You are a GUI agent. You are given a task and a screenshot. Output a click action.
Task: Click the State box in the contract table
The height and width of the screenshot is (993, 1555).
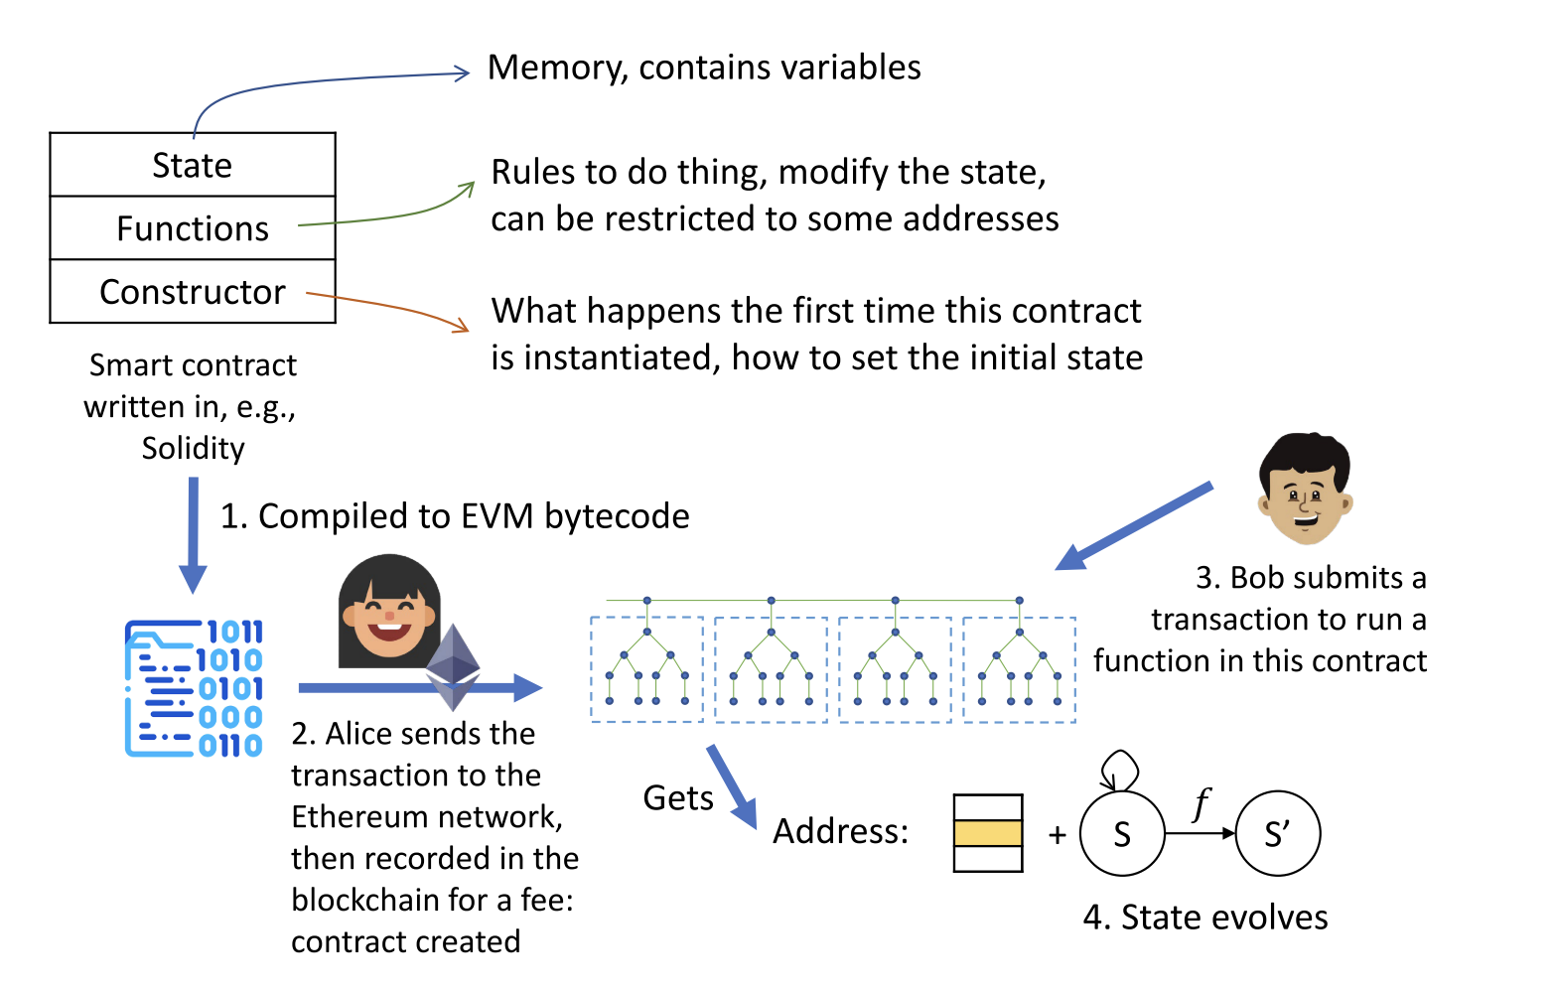coord(193,165)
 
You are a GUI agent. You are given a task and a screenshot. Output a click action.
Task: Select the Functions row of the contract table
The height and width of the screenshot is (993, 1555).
coord(193,228)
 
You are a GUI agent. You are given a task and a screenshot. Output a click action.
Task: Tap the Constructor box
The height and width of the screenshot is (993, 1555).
coord(193,292)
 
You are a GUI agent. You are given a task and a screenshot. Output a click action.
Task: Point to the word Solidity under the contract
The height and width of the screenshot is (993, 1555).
coord(193,449)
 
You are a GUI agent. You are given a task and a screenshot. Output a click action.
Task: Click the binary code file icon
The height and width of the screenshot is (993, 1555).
coord(194,688)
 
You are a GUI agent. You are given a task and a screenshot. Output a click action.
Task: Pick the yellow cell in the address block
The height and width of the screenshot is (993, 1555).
coord(987,833)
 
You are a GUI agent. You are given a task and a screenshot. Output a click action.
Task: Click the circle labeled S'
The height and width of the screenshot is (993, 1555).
coord(1277,834)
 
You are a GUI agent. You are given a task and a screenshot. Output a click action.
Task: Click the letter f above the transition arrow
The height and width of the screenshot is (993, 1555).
coord(1202,802)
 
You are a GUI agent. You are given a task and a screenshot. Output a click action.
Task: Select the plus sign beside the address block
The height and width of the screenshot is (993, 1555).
coord(1058,835)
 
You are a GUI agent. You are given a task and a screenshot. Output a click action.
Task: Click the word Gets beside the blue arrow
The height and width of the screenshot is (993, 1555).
coord(678,798)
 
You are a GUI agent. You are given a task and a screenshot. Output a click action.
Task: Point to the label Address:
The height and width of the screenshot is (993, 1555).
coord(840,831)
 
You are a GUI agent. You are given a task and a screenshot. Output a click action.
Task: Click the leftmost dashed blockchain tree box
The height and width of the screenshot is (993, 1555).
coord(646,669)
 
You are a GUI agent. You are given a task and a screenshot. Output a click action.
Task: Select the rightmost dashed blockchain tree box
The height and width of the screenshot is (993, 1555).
coord(1019,669)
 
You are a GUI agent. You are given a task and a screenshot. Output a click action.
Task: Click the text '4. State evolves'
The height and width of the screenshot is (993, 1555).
coord(1205,918)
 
